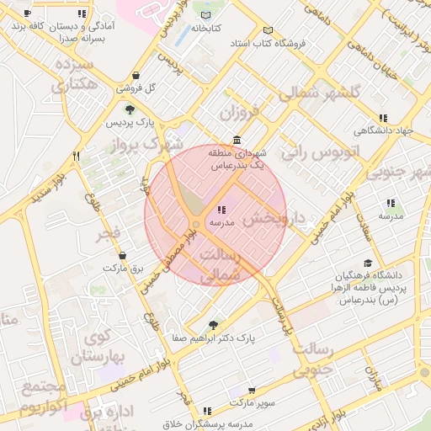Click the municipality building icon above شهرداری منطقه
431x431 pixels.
tap(237, 140)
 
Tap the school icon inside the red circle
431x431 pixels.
tap(221, 210)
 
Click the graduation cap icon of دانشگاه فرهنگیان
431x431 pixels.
tap(366, 263)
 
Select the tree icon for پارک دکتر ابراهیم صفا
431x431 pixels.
tap(212, 324)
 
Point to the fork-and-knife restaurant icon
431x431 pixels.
tap(76, 156)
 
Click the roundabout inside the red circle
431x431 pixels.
tap(195, 224)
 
